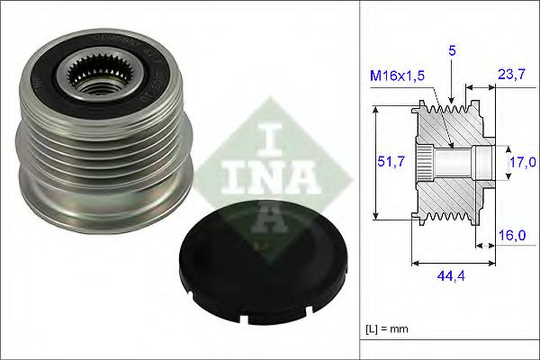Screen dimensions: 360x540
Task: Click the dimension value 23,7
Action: tap(510, 77)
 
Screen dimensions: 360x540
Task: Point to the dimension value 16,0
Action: tap(511, 235)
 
